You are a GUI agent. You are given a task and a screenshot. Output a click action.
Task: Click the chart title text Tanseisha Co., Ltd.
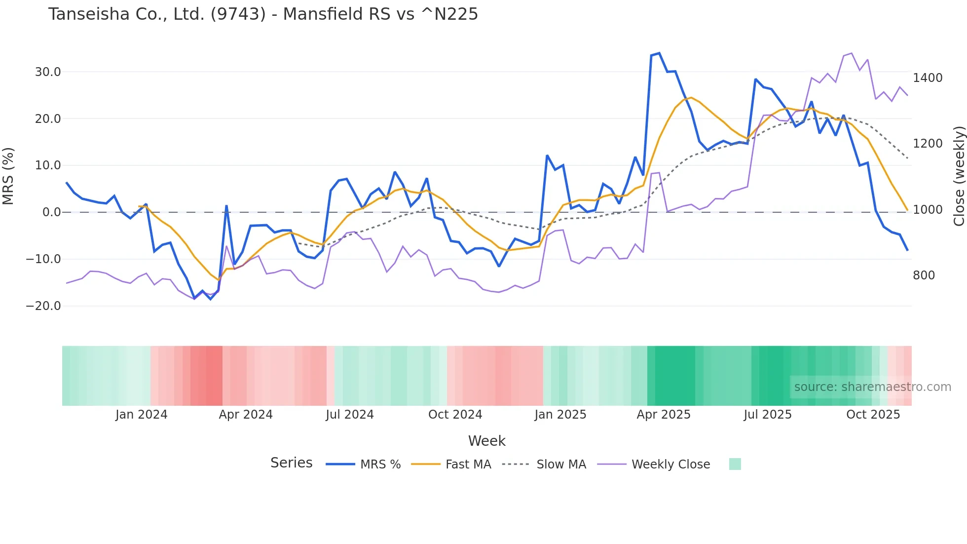coord(263,14)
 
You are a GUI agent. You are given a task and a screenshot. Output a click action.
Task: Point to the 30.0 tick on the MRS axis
coord(48,72)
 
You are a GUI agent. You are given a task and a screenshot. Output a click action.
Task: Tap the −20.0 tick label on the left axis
coord(43,306)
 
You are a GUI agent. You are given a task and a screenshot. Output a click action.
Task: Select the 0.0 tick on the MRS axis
coord(52,212)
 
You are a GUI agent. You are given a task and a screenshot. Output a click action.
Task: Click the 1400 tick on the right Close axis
coord(928,78)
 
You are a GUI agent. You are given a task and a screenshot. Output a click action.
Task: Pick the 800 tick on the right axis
coord(924,275)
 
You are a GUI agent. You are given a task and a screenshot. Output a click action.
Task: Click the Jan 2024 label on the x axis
coord(142,415)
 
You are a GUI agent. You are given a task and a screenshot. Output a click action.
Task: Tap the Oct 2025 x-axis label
coord(873,415)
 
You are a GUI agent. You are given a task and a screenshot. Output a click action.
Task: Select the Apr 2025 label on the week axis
coord(663,415)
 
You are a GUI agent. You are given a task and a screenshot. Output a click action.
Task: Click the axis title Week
coord(486,441)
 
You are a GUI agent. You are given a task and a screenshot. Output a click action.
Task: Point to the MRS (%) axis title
coord(8,176)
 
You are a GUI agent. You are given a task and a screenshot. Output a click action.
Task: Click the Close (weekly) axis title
coord(959,176)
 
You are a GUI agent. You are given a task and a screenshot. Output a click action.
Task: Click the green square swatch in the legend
coord(735,464)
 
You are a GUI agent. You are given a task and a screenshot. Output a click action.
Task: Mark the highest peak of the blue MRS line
coord(659,53)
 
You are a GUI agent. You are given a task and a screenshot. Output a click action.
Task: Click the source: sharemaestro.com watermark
coord(872,387)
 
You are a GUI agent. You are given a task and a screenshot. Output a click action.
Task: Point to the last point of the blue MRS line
coord(907,250)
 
